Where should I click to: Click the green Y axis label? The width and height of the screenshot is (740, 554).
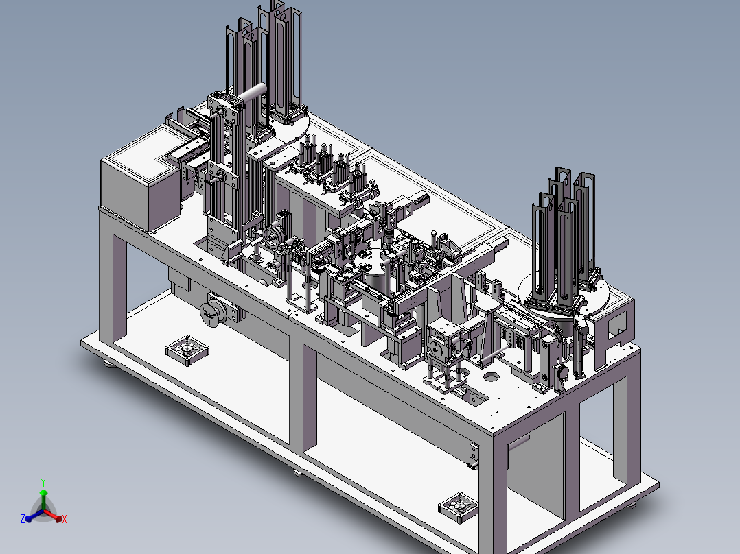click(43, 482)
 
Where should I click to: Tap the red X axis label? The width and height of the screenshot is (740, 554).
click(65, 519)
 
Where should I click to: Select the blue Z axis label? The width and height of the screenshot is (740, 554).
click(23, 518)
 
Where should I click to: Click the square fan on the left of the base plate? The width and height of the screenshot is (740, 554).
click(187, 350)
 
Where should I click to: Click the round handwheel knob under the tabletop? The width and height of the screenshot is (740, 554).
click(210, 313)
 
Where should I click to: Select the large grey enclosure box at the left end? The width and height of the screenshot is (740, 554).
click(140, 179)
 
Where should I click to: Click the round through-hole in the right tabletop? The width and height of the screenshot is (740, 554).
click(492, 376)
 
